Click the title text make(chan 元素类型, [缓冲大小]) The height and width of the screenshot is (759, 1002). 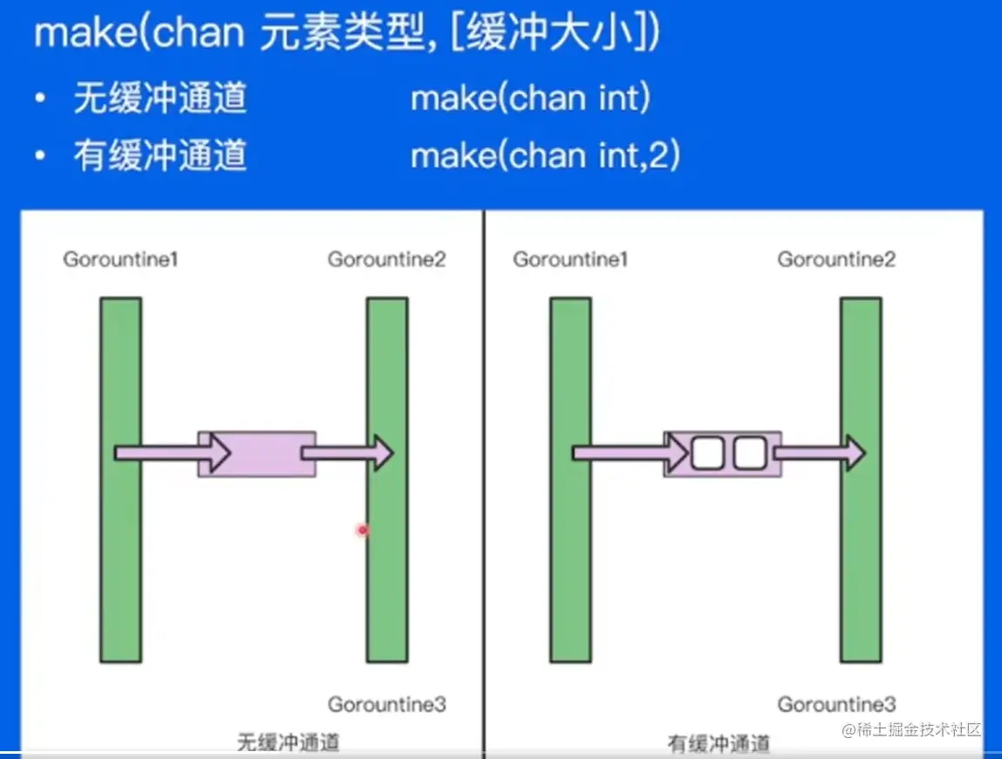346,32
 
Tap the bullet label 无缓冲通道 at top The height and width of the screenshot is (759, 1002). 160,99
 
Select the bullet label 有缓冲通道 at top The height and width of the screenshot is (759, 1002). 160,155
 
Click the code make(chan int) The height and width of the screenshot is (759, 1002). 530,99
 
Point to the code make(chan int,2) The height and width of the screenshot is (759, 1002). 545,155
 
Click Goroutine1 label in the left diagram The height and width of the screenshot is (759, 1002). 120,259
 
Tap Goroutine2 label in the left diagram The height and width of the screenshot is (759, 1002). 386,259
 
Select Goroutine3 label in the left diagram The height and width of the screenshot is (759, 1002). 386,703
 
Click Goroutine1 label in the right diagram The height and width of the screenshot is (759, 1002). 570,259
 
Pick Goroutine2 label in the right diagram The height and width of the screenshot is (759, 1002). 836,259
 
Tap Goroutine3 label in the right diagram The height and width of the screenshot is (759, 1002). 836,703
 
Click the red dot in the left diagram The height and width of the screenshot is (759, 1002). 363,530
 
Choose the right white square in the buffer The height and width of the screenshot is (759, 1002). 749,453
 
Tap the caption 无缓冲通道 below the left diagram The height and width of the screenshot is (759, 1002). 288,743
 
